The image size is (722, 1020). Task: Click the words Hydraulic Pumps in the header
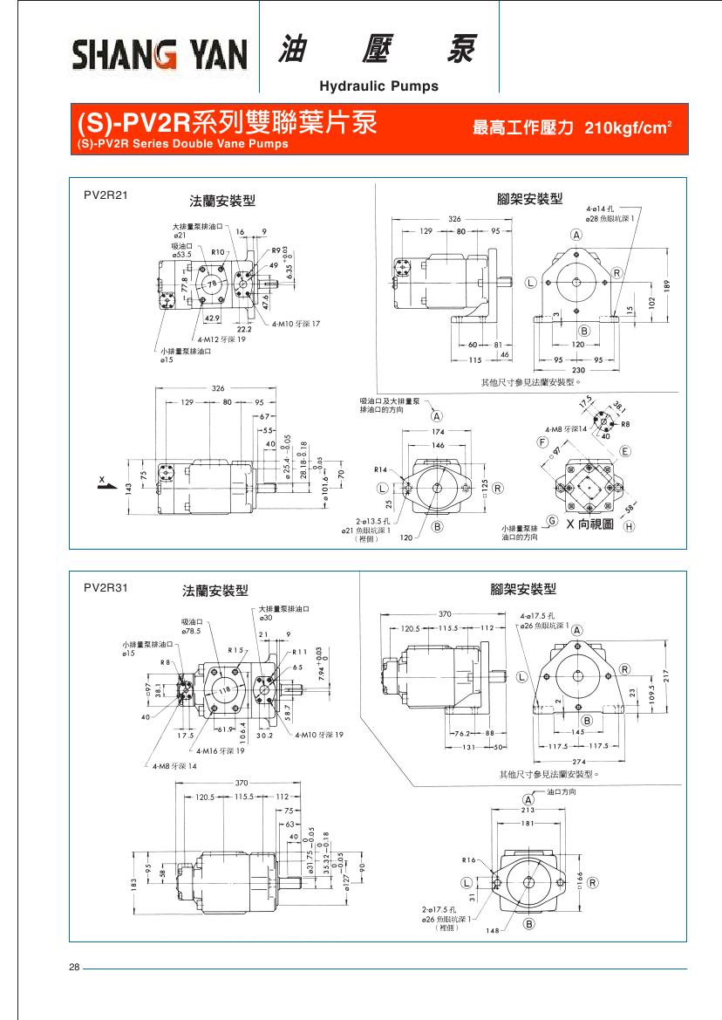(x=379, y=86)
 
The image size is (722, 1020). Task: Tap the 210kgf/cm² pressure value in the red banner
(x=628, y=128)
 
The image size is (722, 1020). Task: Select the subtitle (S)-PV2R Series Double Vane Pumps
(x=182, y=144)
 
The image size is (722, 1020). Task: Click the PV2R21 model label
(x=106, y=195)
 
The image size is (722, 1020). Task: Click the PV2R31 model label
(x=106, y=587)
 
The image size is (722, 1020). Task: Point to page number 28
(x=74, y=968)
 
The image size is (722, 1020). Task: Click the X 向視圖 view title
(x=590, y=525)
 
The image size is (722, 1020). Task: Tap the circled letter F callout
(x=541, y=443)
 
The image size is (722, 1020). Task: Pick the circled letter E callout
(x=625, y=451)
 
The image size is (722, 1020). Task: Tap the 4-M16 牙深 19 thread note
(x=220, y=750)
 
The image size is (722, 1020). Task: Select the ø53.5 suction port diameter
(x=181, y=254)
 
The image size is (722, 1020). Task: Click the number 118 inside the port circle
(x=224, y=690)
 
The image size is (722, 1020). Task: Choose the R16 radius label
(x=469, y=859)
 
